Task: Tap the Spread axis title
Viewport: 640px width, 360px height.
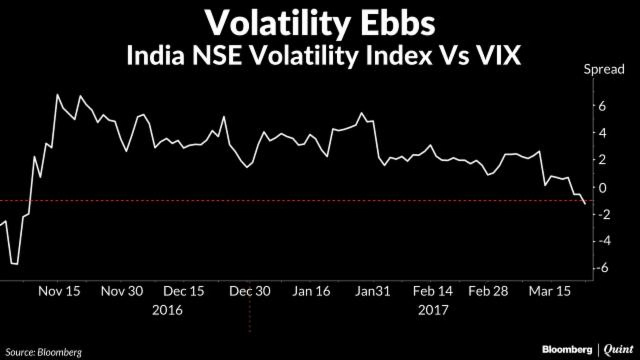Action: tap(604, 69)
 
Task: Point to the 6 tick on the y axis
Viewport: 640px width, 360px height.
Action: tap(602, 106)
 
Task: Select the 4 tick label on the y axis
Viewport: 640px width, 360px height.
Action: tap(602, 133)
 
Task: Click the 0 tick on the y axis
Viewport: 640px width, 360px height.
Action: tap(602, 187)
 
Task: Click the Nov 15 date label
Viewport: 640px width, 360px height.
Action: tap(59, 291)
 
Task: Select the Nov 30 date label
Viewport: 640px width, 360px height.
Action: tap(122, 291)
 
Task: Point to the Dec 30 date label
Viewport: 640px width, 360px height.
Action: tap(250, 291)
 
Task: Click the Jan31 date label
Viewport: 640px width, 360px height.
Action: tap(372, 291)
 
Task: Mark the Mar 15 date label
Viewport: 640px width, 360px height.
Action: tap(550, 291)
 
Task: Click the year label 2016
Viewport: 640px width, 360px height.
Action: tap(167, 310)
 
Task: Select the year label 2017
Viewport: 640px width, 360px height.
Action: tap(433, 310)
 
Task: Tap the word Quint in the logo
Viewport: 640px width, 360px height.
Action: tap(618, 349)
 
